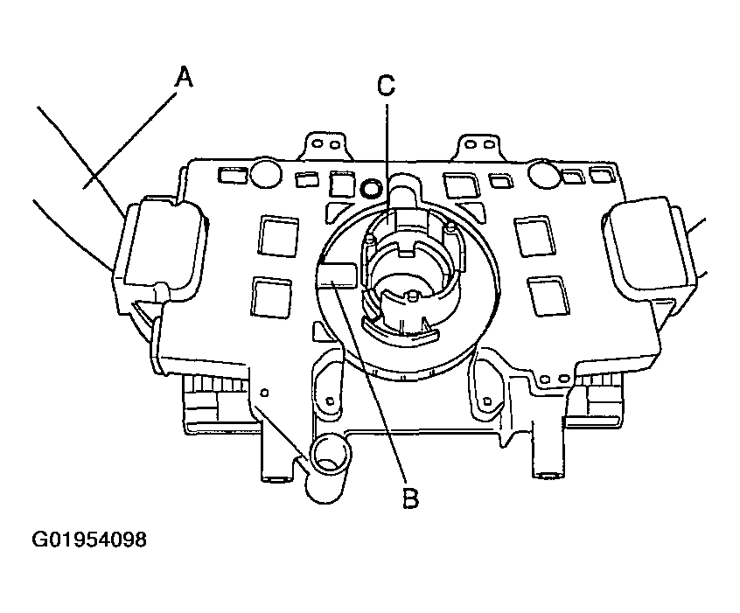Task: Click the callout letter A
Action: pos(184,78)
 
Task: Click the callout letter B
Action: pos(410,498)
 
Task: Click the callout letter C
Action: pos(386,87)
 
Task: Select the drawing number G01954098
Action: pos(89,540)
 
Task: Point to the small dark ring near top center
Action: pos(372,189)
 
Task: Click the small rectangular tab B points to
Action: pos(338,275)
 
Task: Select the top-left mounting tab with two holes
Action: pos(326,146)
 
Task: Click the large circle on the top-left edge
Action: pos(266,173)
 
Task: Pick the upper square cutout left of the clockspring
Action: pos(278,235)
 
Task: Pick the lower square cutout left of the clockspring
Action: pos(271,297)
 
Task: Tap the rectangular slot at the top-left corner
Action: pos(233,175)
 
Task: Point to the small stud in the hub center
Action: pos(414,296)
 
